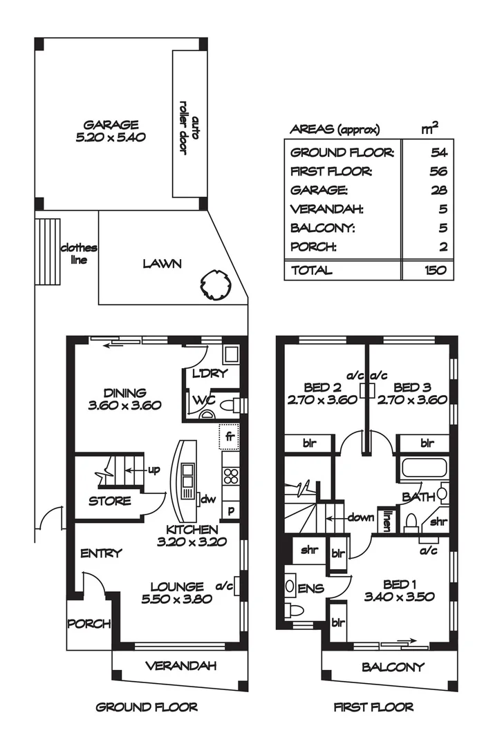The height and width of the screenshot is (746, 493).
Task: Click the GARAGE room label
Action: coord(111,125)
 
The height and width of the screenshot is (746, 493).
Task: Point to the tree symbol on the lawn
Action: coord(217,285)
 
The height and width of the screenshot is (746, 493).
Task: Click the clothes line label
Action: coord(79,254)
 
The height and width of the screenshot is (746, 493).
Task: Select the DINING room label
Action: coord(124,394)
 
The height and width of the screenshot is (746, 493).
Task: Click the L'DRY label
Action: coord(210,374)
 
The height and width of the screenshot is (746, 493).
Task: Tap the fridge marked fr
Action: coord(229,437)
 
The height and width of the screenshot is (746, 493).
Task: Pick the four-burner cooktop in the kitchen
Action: coord(231,476)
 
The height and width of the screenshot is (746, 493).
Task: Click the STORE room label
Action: coord(109,501)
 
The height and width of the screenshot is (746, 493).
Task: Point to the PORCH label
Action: coord(89,624)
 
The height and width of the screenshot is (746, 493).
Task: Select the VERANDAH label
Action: coord(180,666)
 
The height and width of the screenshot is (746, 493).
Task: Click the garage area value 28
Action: coord(438,191)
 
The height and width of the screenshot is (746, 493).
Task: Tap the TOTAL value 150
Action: coord(436,270)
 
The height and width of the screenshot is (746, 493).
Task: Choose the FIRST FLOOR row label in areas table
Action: coord(331,171)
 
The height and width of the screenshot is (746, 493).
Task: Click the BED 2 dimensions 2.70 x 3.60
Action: coord(322,400)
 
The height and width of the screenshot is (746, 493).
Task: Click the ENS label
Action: coord(310,589)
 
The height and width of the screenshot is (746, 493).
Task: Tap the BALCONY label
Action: coord(393,667)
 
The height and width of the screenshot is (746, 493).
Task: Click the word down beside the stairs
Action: coord(361,517)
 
